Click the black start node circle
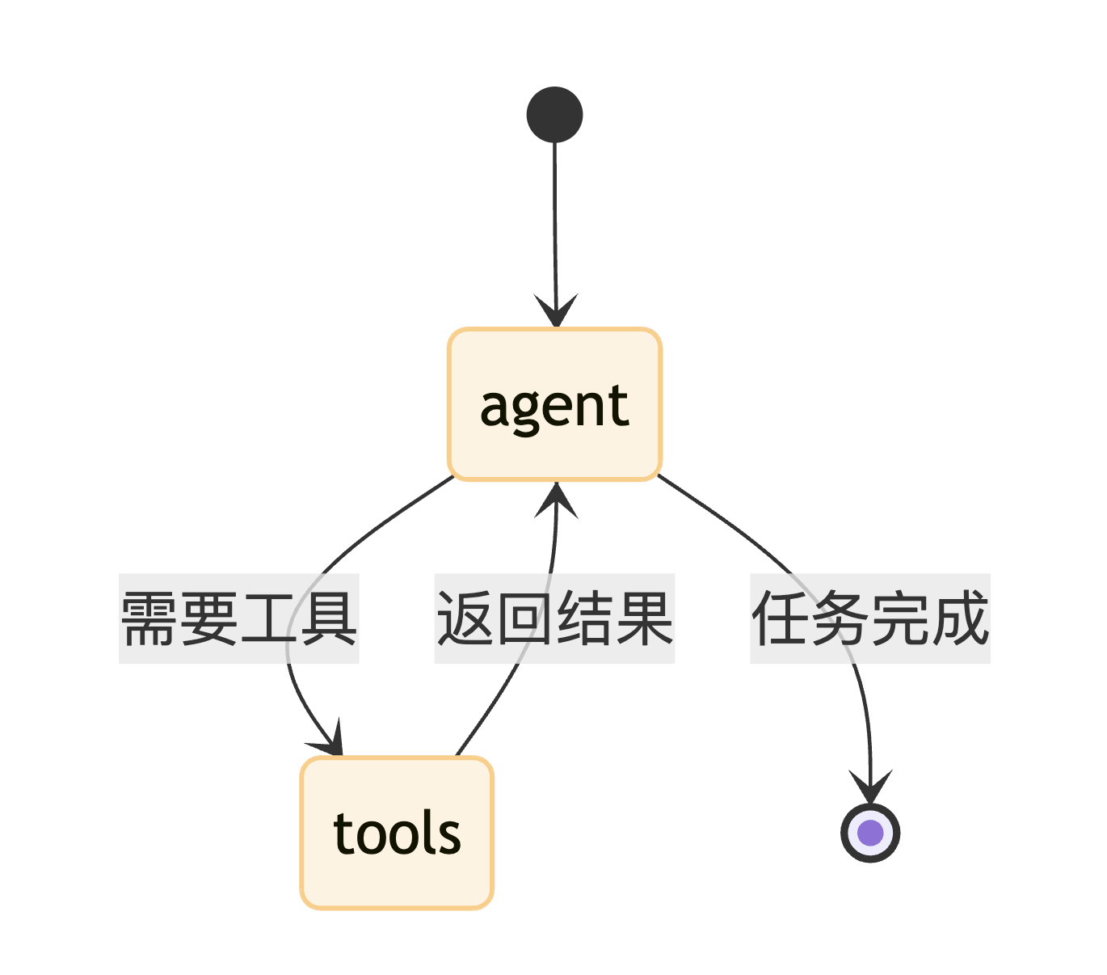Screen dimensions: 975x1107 click(x=554, y=115)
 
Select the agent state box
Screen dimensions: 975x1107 click(x=554, y=404)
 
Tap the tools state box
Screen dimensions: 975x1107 click(x=397, y=833)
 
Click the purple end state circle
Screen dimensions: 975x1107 click(x=870, y=833)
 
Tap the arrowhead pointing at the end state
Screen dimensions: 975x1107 click(x=870, y=788)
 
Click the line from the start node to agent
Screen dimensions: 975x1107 click(x=555, y=218)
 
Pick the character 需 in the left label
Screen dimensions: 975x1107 click(x=150, y=618)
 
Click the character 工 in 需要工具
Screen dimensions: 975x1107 click(x=269, y=618)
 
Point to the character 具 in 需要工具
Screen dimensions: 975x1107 click(x=328, y=618)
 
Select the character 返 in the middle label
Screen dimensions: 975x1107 click(x=466, y=618)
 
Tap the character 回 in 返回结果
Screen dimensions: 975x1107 click(x=525, y=618)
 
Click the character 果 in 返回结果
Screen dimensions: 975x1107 click(x=644, y=618)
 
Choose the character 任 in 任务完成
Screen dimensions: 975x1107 click(x=781, y=618)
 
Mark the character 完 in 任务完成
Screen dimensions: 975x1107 click(x=900, y=618)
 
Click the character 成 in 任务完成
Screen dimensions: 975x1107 click(x=959, y=618)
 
